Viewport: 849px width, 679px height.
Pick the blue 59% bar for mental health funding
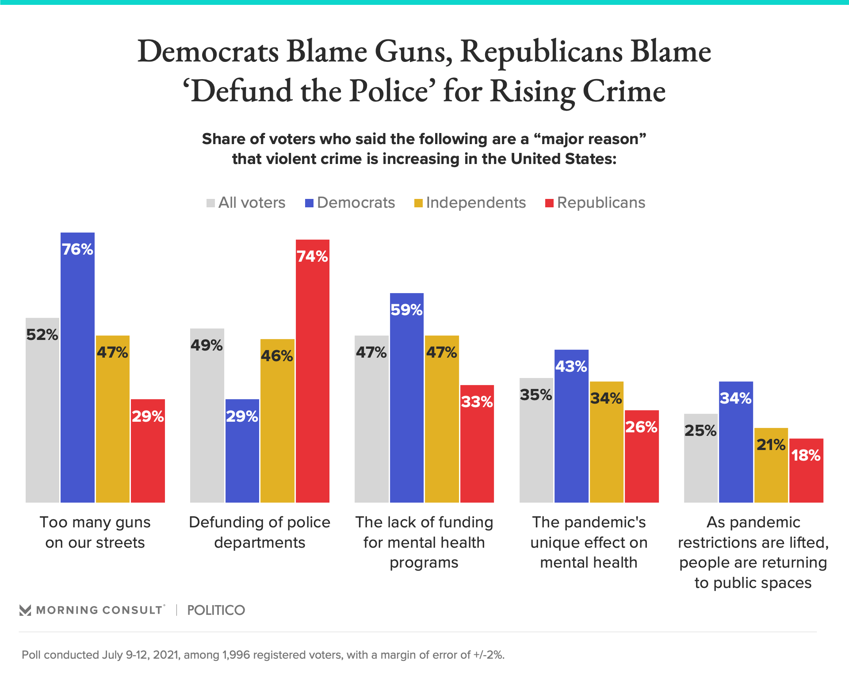tap(407, 398)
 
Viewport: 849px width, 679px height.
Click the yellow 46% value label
tap(277, 356)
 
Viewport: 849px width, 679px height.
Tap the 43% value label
tap(571, 366)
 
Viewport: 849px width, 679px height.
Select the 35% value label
tap(536, 395)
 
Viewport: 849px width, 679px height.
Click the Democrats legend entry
tap(350, 203)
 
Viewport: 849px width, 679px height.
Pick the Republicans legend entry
tap(595, 203)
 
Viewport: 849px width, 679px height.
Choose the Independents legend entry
tap(470, 203)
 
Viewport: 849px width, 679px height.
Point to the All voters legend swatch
tap(210, 203)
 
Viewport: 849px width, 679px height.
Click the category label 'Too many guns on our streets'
tap(95, 532)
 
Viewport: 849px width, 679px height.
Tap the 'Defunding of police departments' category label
tap(260, 532)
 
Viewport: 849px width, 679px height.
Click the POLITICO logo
tap(216, 610)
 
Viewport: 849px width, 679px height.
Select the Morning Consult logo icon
tap(25, 610)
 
